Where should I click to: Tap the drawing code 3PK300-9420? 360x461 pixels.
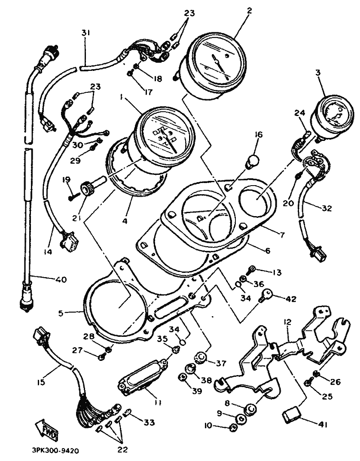[55, 451]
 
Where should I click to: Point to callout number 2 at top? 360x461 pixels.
[249, 11]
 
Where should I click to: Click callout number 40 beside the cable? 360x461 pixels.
[60, 279]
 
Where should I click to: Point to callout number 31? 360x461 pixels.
[85, 33]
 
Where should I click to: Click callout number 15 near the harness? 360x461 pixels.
[41, 382]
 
